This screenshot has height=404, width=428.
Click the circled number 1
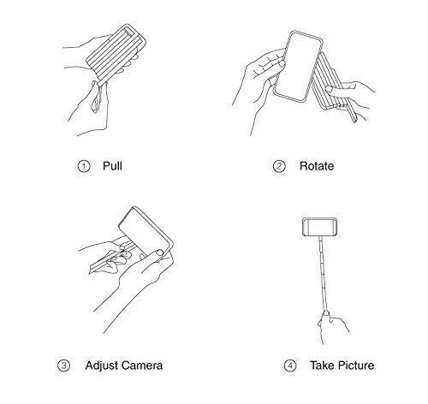(84, 166)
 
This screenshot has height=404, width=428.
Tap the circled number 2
(279, 166)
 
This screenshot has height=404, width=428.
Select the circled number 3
(64, 365)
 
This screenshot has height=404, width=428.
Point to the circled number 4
(290, 365)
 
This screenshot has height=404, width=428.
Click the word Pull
(112, 166)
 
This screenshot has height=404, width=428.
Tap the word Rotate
(317, 166)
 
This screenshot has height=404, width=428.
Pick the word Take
(323, 365)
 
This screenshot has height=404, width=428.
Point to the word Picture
(356, 365)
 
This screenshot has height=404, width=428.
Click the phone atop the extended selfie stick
(320, 227)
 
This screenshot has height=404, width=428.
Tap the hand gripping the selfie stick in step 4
(332, 327)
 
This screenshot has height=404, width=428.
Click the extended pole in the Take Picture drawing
(324, 274)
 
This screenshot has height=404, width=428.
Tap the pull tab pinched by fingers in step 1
(97, 98)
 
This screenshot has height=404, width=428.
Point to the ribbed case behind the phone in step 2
(328, 83)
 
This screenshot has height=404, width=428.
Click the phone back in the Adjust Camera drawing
(143, 231)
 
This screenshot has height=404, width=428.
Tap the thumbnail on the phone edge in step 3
(159, 253)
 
